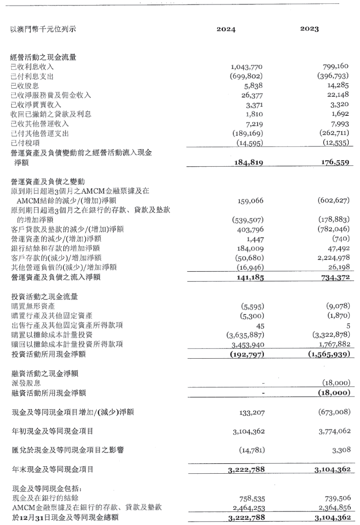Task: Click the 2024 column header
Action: pos(226,29)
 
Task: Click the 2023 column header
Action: pos(309,29)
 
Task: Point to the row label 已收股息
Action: pos(25,86)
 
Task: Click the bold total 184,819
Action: pos(248,163)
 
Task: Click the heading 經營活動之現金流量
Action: pos(43,57)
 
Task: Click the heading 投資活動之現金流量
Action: pos(44,296)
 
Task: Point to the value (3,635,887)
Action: pos(245,335)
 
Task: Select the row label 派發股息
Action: pos(26,383)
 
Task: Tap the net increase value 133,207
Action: pos(252,412)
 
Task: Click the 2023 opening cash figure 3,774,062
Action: pos(335,431)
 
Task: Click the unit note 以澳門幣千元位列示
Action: pos(43,29)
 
